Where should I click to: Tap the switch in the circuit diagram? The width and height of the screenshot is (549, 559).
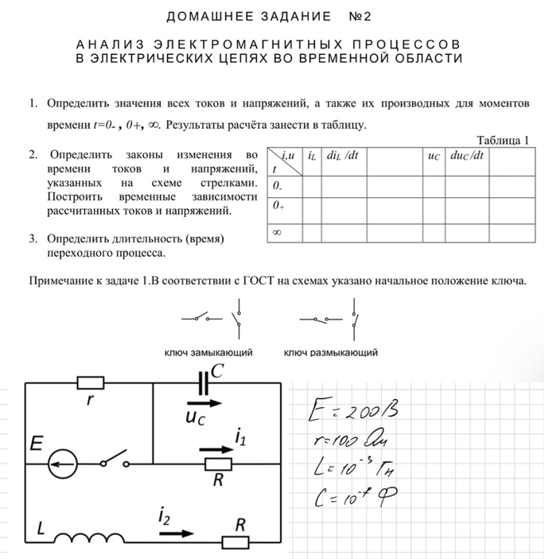click(115, 458)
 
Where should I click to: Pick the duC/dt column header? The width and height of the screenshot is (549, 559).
click(467, 157)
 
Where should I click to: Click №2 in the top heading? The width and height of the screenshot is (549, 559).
click(360, 16)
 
